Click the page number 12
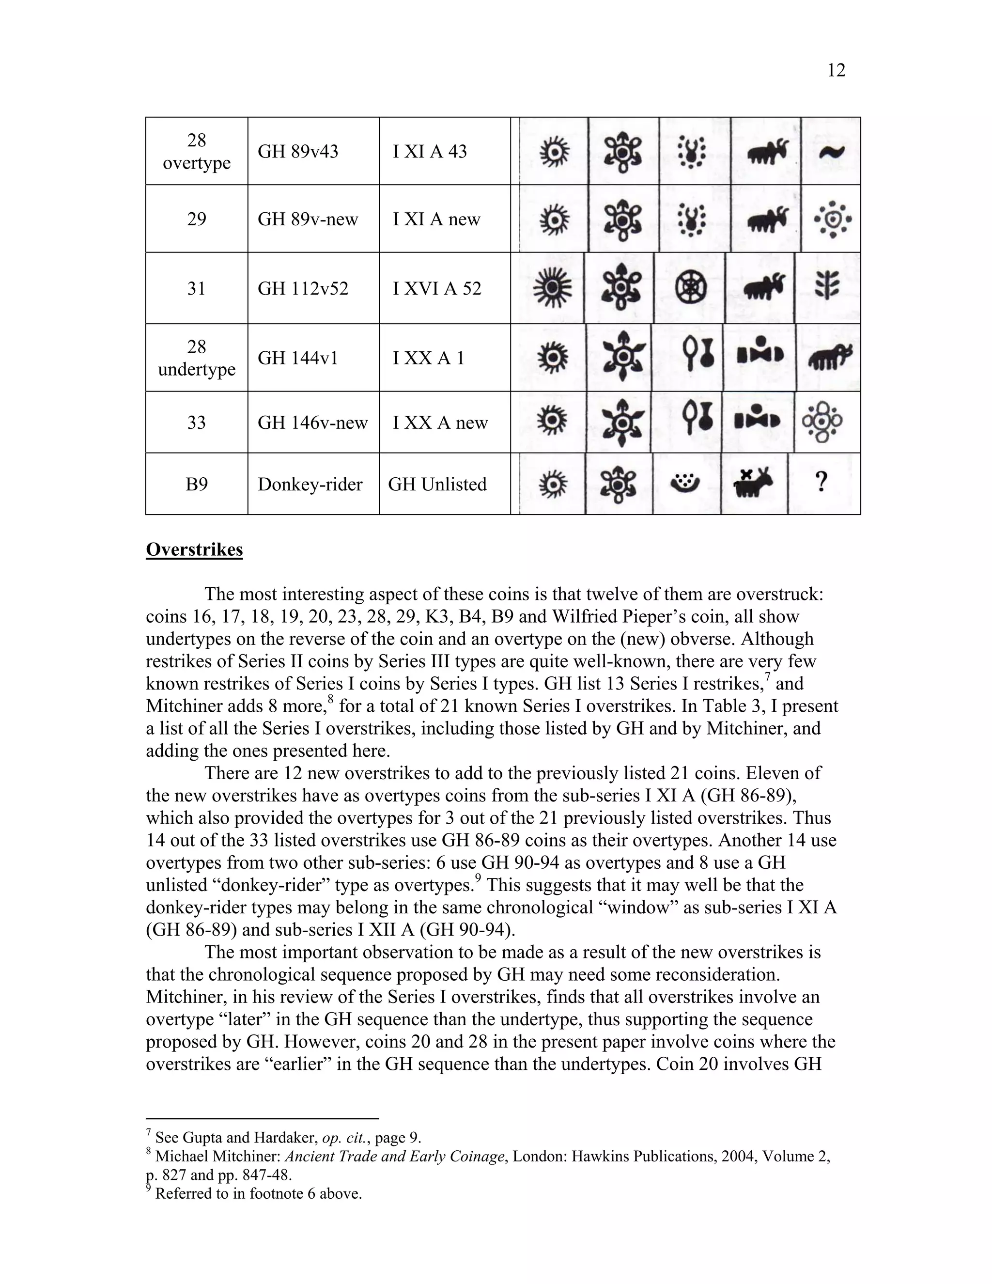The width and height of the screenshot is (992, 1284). coord(836,71)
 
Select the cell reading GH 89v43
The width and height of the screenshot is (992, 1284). coord(298,152)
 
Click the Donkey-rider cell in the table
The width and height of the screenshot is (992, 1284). coord(310,485)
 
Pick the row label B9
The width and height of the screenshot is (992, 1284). coord(196,485)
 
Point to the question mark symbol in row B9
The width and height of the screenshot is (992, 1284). coord(821,483)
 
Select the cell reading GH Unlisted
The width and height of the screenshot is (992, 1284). coord(437,485)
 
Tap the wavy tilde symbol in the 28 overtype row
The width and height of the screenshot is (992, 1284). coord(831,152)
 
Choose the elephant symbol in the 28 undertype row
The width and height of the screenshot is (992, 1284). coord(829,356)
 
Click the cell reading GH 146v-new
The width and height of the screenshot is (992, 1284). coord(312,423)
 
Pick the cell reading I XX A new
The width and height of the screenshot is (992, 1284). coord(440,423)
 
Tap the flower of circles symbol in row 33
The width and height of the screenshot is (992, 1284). coord(822,422)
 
